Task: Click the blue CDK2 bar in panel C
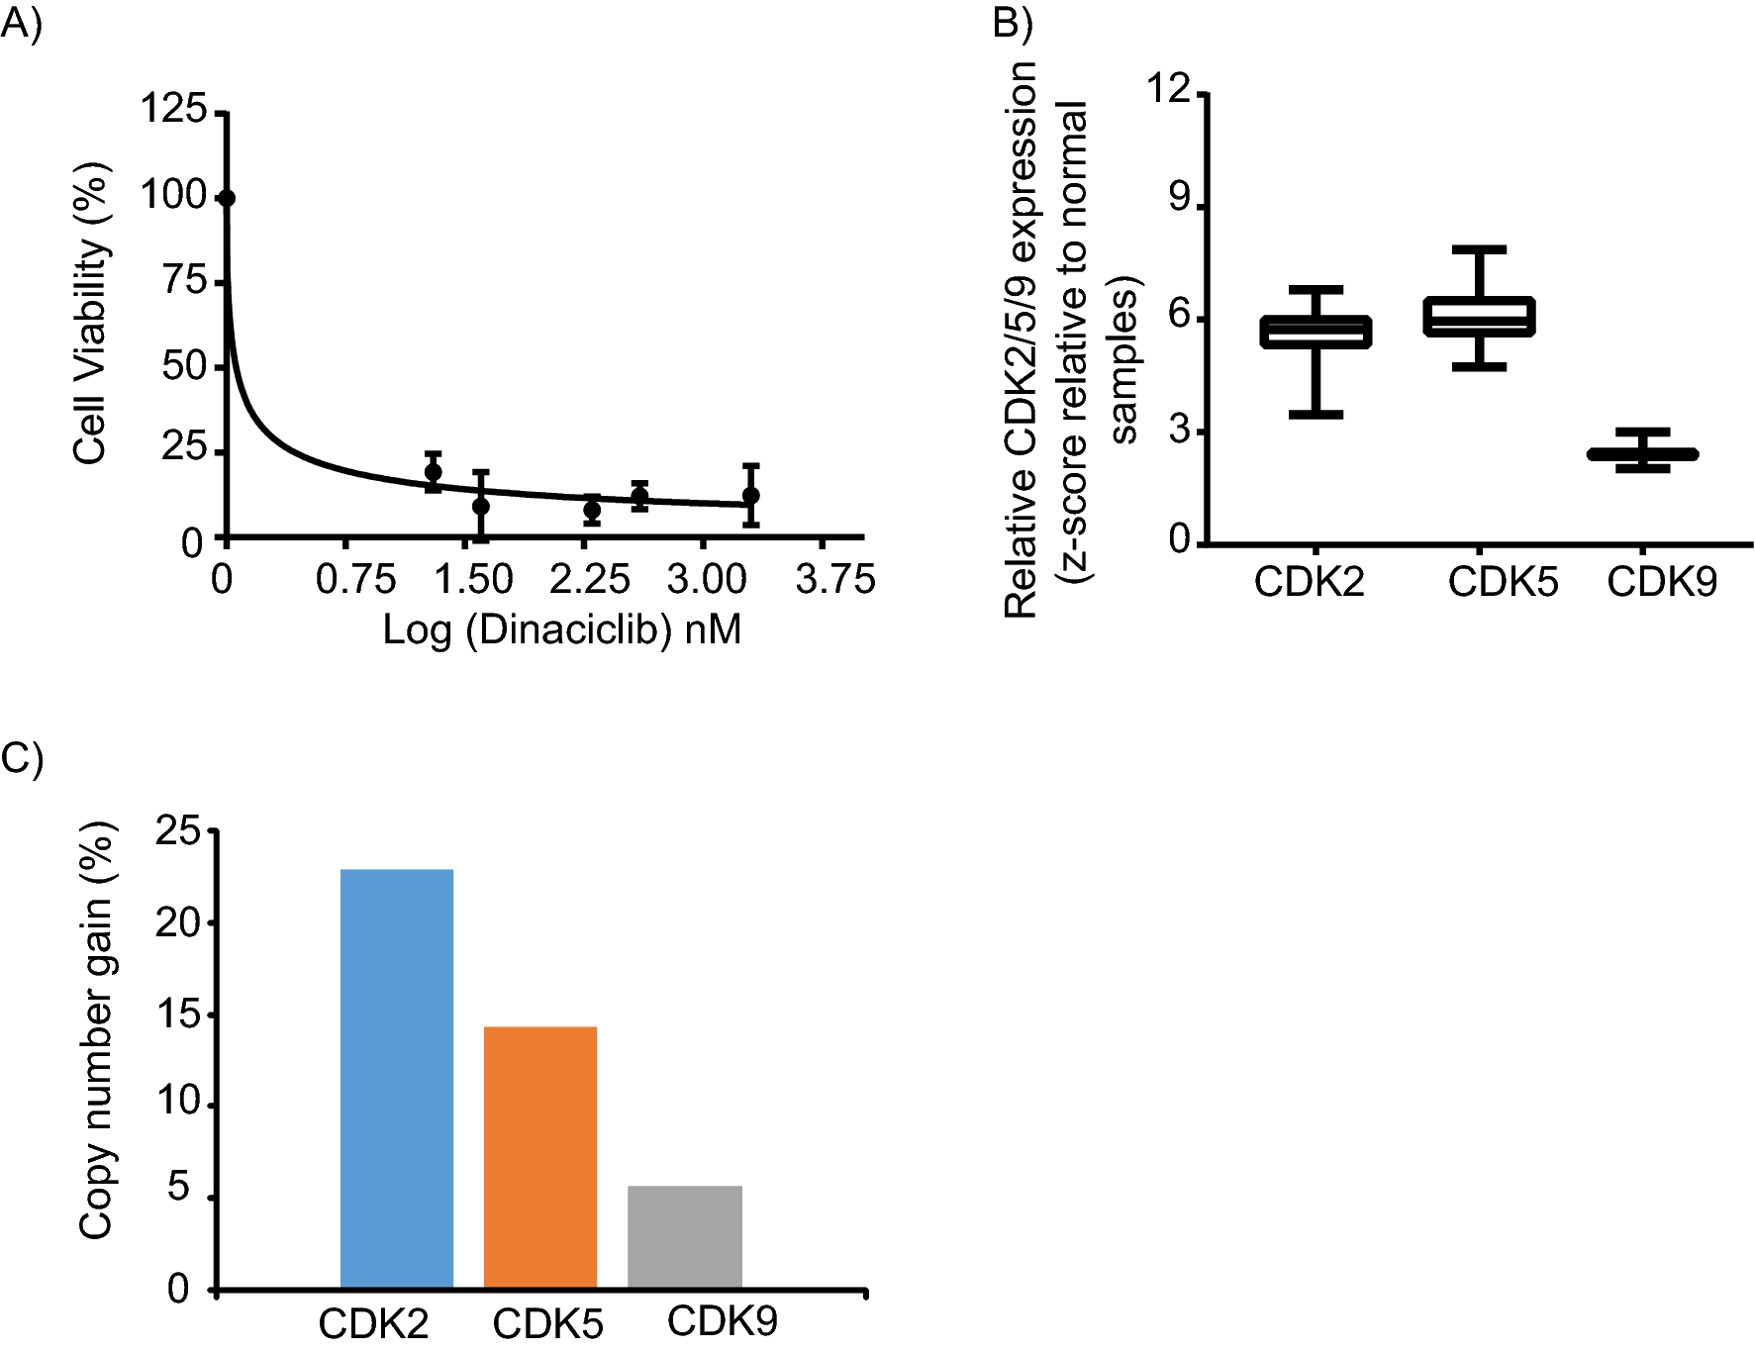pyautogui.click(x=396, y=1079)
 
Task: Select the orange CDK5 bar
pyautogui.click(x=539, y=1158)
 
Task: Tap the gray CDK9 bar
pyautogui.click(x=684, y=1237)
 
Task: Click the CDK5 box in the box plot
pyautogui.click(x=1479, y=317)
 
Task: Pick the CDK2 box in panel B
pyautogui.click(x=1316, y=333)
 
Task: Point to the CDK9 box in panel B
pyautogui.click(x=1642, y=454)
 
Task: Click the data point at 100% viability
pyautogui.click(x=227, y=198)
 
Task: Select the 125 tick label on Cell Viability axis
pyautogui.click(x=173, y=108)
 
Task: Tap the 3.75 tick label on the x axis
pyautogui.click(x=834, y=580)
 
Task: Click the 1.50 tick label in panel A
pyautogui.click(x=473, y=580)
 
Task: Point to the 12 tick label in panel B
pyautogui.click(x=1168, y=89)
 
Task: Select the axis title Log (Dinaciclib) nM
pyautogui.click(x=561, y=629)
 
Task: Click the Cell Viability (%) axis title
pyautogui.click(x=90, y=313)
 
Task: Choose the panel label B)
pyautogui.click(x=1013, y=22)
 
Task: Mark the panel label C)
pyautogui.click(x=22, y=758)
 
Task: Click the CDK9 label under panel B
pyautogui.click(x=1661, y=582)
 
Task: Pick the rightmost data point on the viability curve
pyautogui.click(x=750, y=495)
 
